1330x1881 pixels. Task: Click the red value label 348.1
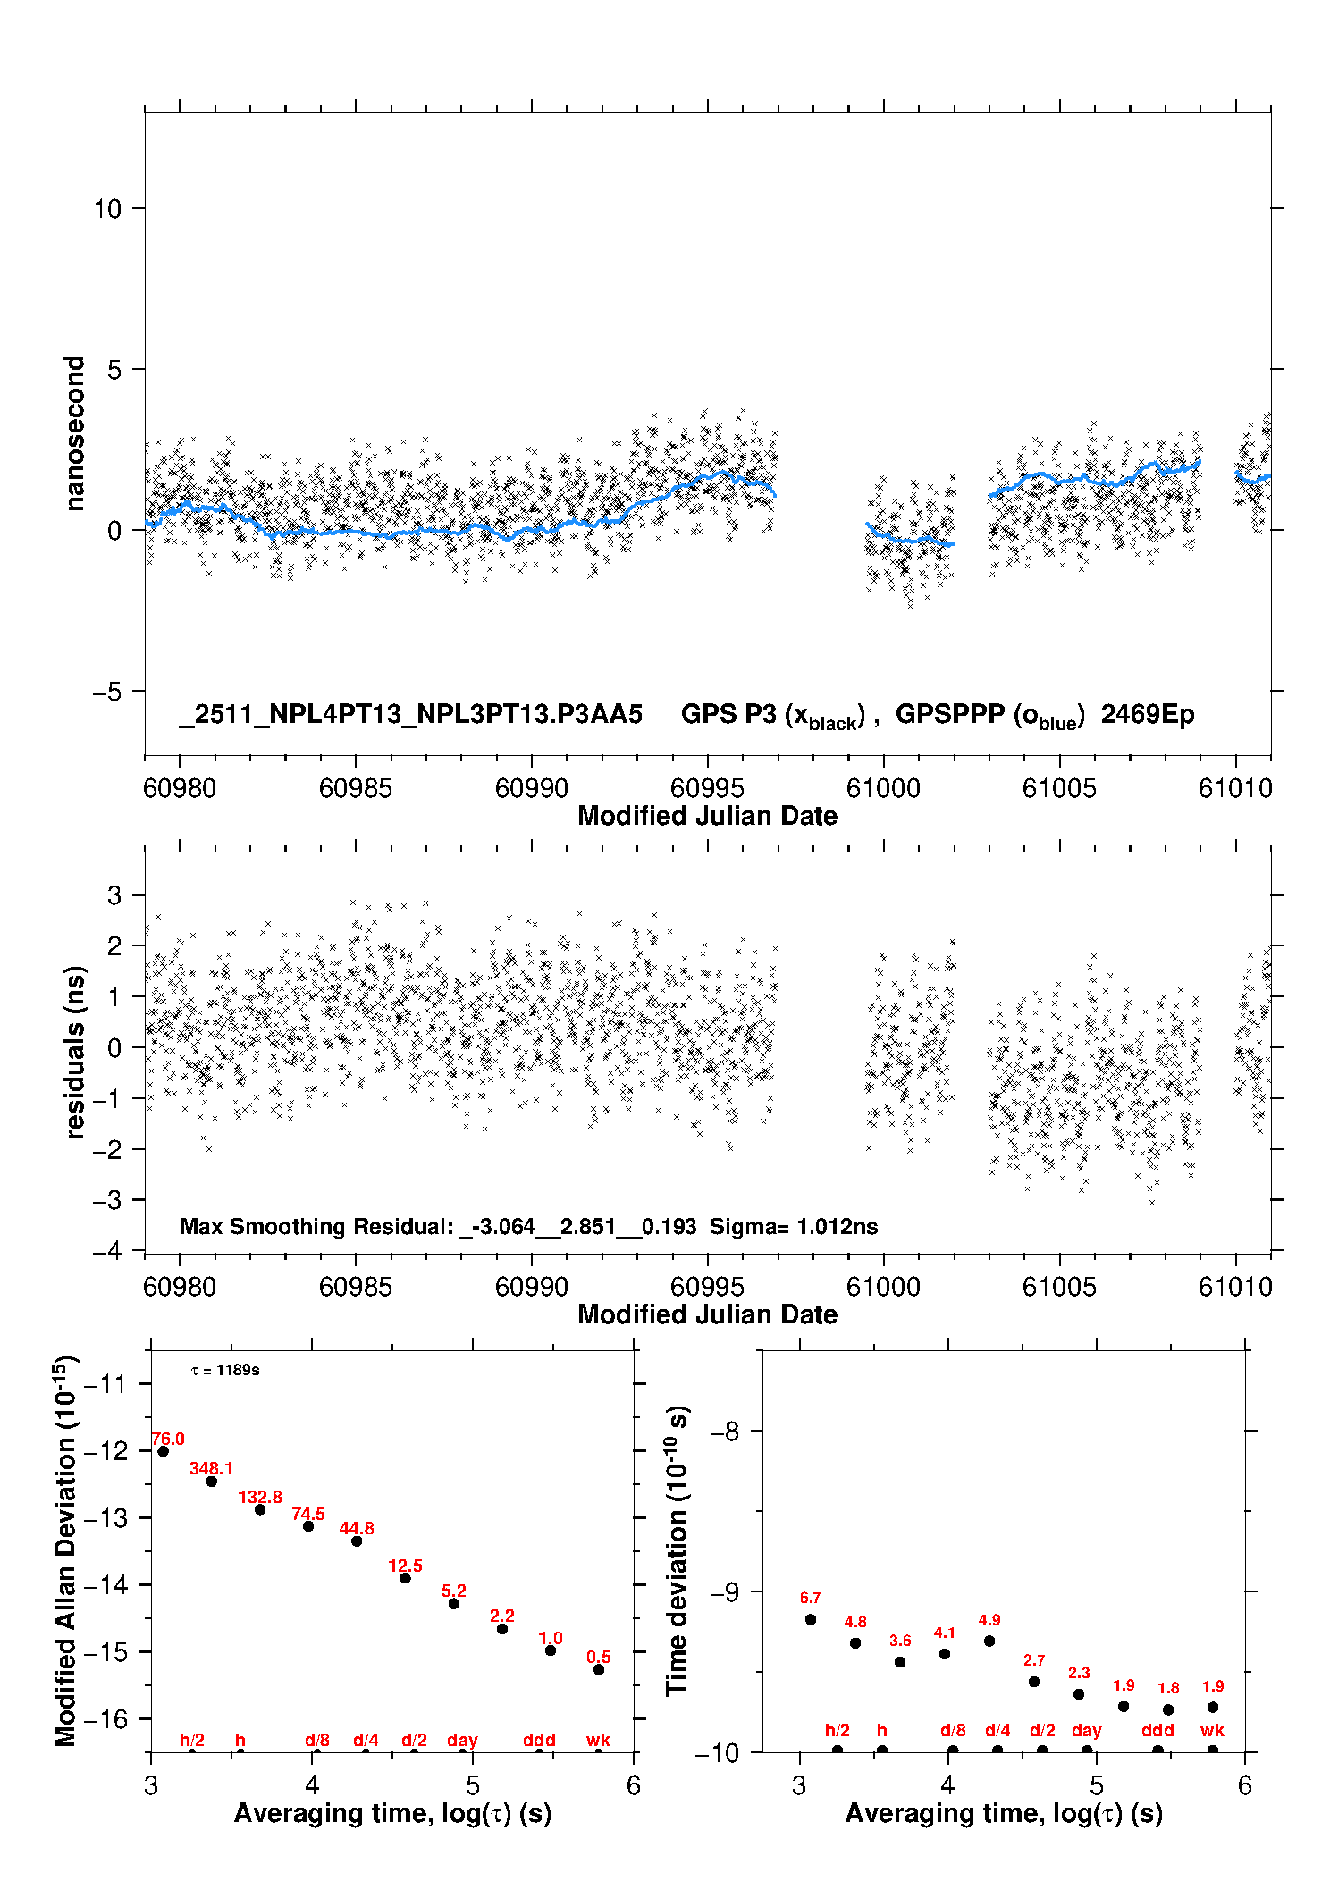211,1468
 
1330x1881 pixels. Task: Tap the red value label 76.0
168,1439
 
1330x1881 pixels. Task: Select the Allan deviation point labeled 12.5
405,1578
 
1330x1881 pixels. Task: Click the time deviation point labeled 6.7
811,1619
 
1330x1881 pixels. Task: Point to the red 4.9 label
989,1620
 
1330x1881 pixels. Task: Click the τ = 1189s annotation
225,1370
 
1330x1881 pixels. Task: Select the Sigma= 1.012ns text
794,1226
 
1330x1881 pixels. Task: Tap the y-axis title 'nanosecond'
74,433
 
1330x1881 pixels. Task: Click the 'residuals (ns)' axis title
75,1052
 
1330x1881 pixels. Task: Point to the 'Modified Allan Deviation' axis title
65,1550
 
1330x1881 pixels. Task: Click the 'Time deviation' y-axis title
677,1550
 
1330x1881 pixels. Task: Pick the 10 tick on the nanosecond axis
107,209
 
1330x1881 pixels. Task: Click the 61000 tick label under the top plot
883,788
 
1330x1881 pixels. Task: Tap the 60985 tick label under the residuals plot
355,1287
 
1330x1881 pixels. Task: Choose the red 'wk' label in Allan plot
598,1740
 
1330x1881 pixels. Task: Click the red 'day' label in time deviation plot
1087,1730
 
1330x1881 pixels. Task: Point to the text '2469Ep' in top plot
1147,714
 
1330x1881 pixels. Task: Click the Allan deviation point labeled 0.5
599,1669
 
